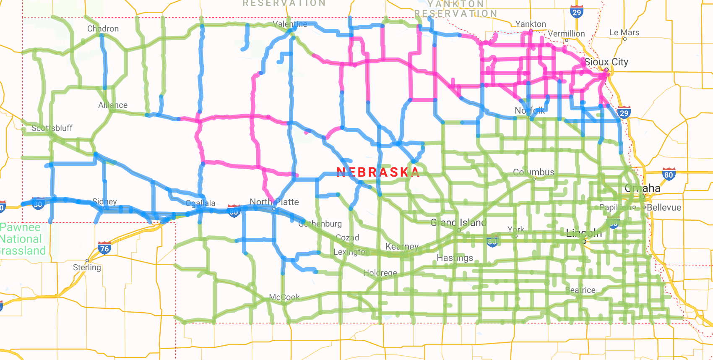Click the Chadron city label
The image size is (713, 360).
pyautogui.click(x=103, y=29)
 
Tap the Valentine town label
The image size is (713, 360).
pyautogui.click(x=290, y=24)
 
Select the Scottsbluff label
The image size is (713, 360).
pyautogui.click(x=52, y=128)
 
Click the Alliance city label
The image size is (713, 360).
pyautogui.click(x=113, y=105)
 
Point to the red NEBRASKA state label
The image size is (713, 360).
pyautogui.click(x=378, y=172)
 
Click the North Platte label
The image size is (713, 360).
pyautogui.click(x=274, y=202)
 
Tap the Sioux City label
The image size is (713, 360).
pyautogui.click(x=606, y=62)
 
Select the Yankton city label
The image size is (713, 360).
pyautogui.click(x=531, y=24)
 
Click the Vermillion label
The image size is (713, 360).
pyautogui.click(x=566, y=34)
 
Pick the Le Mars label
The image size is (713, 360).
pyautogui.click(x=624, y=32)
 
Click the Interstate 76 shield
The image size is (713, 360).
pyautogui.click(x=104, y=248)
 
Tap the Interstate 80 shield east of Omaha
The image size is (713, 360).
pyautogui.click(x=669, y=175)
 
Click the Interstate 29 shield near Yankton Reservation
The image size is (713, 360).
pyautogui.click(x=577, y=12)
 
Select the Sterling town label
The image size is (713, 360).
pyautogui.click(x=87, y=267)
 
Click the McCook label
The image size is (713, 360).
pyautogui.click(x=284, y=297)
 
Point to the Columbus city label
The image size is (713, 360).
pyautogui.click(x=533, y=172)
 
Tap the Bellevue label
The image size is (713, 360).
pyautogui.click(x=664, y=207)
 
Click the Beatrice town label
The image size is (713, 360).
pyautogui.click(x=580, y=290)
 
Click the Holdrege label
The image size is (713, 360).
pyautogui.click(x=380, y=273)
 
